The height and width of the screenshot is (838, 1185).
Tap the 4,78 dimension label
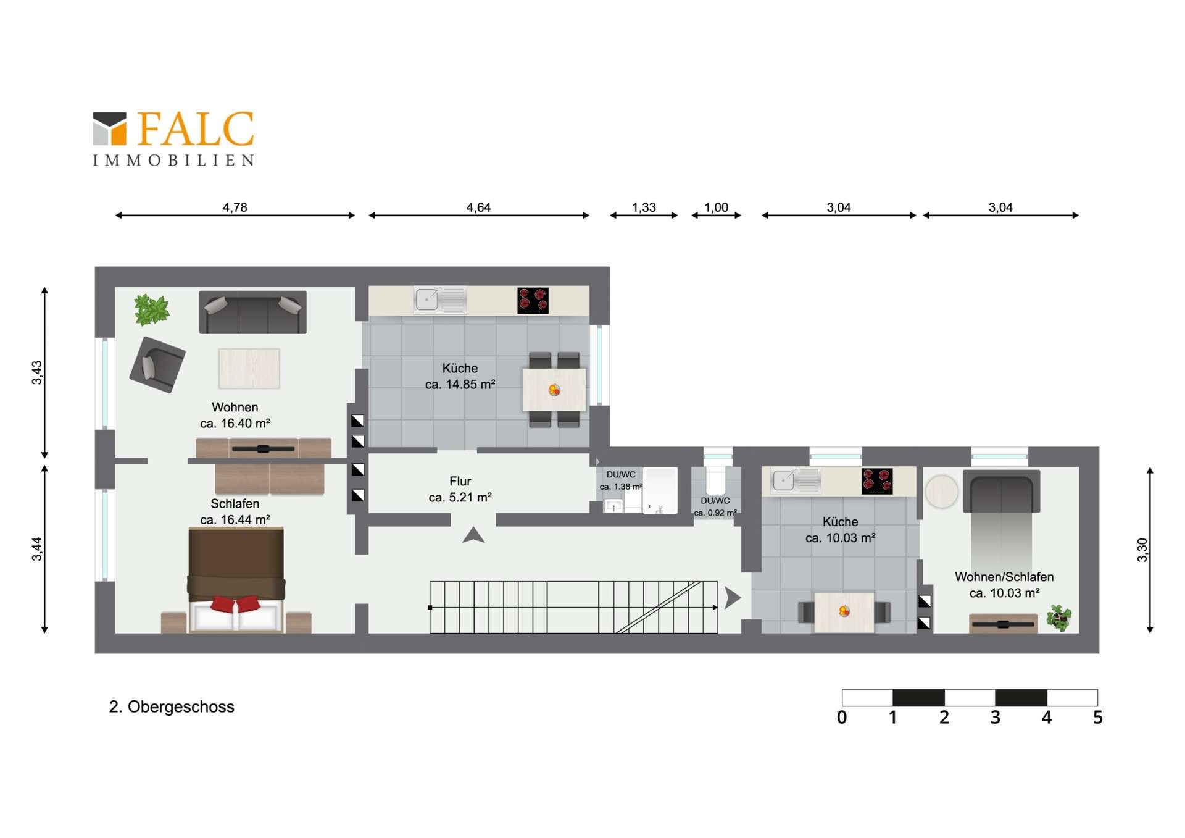[x=235, y=207]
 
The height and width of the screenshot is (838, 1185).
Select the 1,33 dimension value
[x=644, y=207]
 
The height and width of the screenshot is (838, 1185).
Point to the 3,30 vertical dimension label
[x=1142, y=550]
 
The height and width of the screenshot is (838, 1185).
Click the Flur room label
[x=460, y=481]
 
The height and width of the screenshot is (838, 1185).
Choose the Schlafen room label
[x=235, y=504]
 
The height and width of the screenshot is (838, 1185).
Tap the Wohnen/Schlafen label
[x=1004, y=577]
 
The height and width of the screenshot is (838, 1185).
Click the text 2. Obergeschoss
[x=172, y=707]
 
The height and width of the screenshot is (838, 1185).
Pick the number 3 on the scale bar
[x=995, y=718]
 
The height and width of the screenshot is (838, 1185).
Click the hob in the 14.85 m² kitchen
[x=533, y=301]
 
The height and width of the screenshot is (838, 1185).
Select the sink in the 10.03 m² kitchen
[x=796, y=480]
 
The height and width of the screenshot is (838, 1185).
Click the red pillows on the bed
[x=235, y=603]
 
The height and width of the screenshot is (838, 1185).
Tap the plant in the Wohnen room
[x=151, y=309]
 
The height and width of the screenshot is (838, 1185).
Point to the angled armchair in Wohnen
[x=157, y=365]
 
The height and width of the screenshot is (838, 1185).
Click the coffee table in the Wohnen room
[x=249, y=369]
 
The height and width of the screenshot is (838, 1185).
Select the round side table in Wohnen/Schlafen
[x=942, y=492]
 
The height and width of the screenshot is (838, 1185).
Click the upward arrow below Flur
[x=473, y=535]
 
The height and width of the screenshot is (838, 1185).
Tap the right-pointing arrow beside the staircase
[x=733, y=598]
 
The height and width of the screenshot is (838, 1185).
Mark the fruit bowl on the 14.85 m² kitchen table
[x=554, y=390]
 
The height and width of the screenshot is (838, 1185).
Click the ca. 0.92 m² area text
[x=715, y=513]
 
